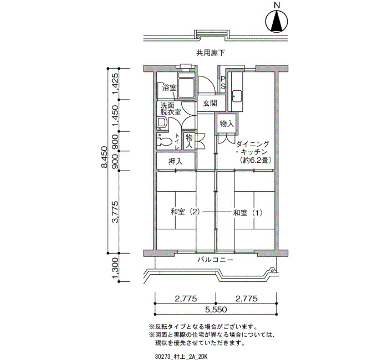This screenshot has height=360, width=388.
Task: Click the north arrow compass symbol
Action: coord(277,22)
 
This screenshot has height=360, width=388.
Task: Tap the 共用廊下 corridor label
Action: coord(211,53)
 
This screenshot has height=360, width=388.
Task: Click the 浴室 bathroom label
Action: coord(169,88)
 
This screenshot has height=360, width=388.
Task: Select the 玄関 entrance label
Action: coord(210,103)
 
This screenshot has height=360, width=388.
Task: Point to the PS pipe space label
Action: coord(223,83)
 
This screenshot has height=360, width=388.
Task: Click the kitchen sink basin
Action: coord(237,96)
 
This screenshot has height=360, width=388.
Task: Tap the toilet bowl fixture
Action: coord(164,141)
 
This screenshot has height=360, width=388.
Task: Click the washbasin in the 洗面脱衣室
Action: coord(162,122)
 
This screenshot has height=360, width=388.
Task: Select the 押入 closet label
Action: coord(175,162)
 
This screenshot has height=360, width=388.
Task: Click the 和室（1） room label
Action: coord(247,213)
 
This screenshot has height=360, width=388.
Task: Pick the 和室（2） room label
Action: coord(185,212)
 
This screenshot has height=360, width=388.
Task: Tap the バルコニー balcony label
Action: coord(215,260)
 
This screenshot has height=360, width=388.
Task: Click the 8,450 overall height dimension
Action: coord(104,157)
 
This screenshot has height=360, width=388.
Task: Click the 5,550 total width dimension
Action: coord(216,309)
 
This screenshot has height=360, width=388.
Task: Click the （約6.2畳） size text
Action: coord(256,160)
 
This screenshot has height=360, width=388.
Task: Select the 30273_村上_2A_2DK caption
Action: coord(181,357)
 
